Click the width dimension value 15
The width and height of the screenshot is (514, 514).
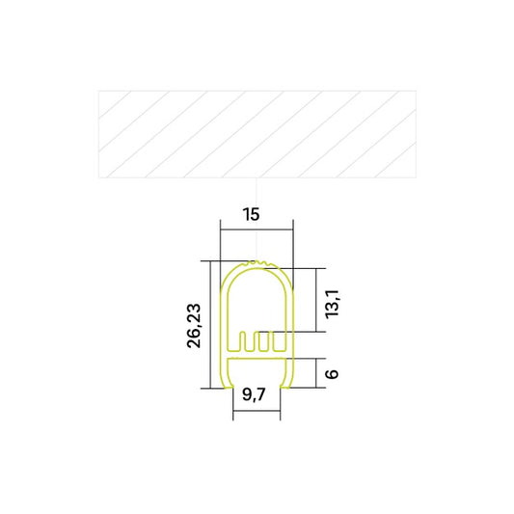pos(252,214)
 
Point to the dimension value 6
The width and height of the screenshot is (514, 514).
pos(332,373)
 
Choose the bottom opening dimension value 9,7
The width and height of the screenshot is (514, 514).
pos(255,393)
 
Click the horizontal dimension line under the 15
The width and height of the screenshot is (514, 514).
pos(256,229)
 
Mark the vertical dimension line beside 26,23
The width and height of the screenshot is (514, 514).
pos(209,325)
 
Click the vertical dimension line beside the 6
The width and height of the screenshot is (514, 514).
pos(316,372)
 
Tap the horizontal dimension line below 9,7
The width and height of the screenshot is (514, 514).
pos(257,409)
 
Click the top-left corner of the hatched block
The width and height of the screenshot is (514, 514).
pos(98,92)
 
